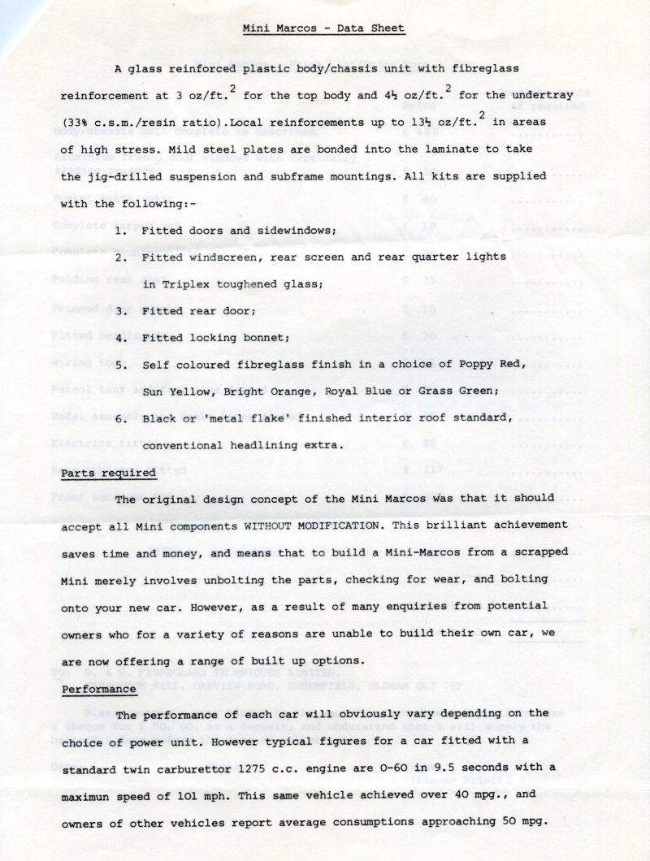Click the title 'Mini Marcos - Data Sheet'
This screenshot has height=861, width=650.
pos(324,28)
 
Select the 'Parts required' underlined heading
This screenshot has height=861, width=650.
pos(108,473)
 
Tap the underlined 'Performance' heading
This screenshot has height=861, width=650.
pos(98,689)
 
